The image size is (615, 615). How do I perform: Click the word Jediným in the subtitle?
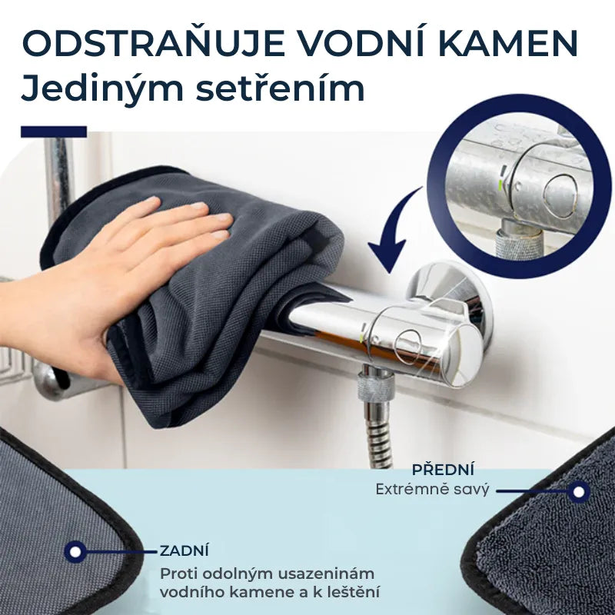click(102, 88)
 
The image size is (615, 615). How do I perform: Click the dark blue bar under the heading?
click(54, 131)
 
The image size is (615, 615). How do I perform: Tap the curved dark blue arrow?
click(392, 231)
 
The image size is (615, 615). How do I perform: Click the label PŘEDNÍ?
click(443, 470)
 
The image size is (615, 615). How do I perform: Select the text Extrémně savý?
click(432, 490)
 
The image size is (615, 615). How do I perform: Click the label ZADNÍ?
click(184, 550)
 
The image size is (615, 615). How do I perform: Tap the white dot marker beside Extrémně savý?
click(579, 492)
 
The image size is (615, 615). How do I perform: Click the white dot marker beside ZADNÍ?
click(75, 552)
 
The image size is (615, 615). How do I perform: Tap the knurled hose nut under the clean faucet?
click(375, 387)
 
